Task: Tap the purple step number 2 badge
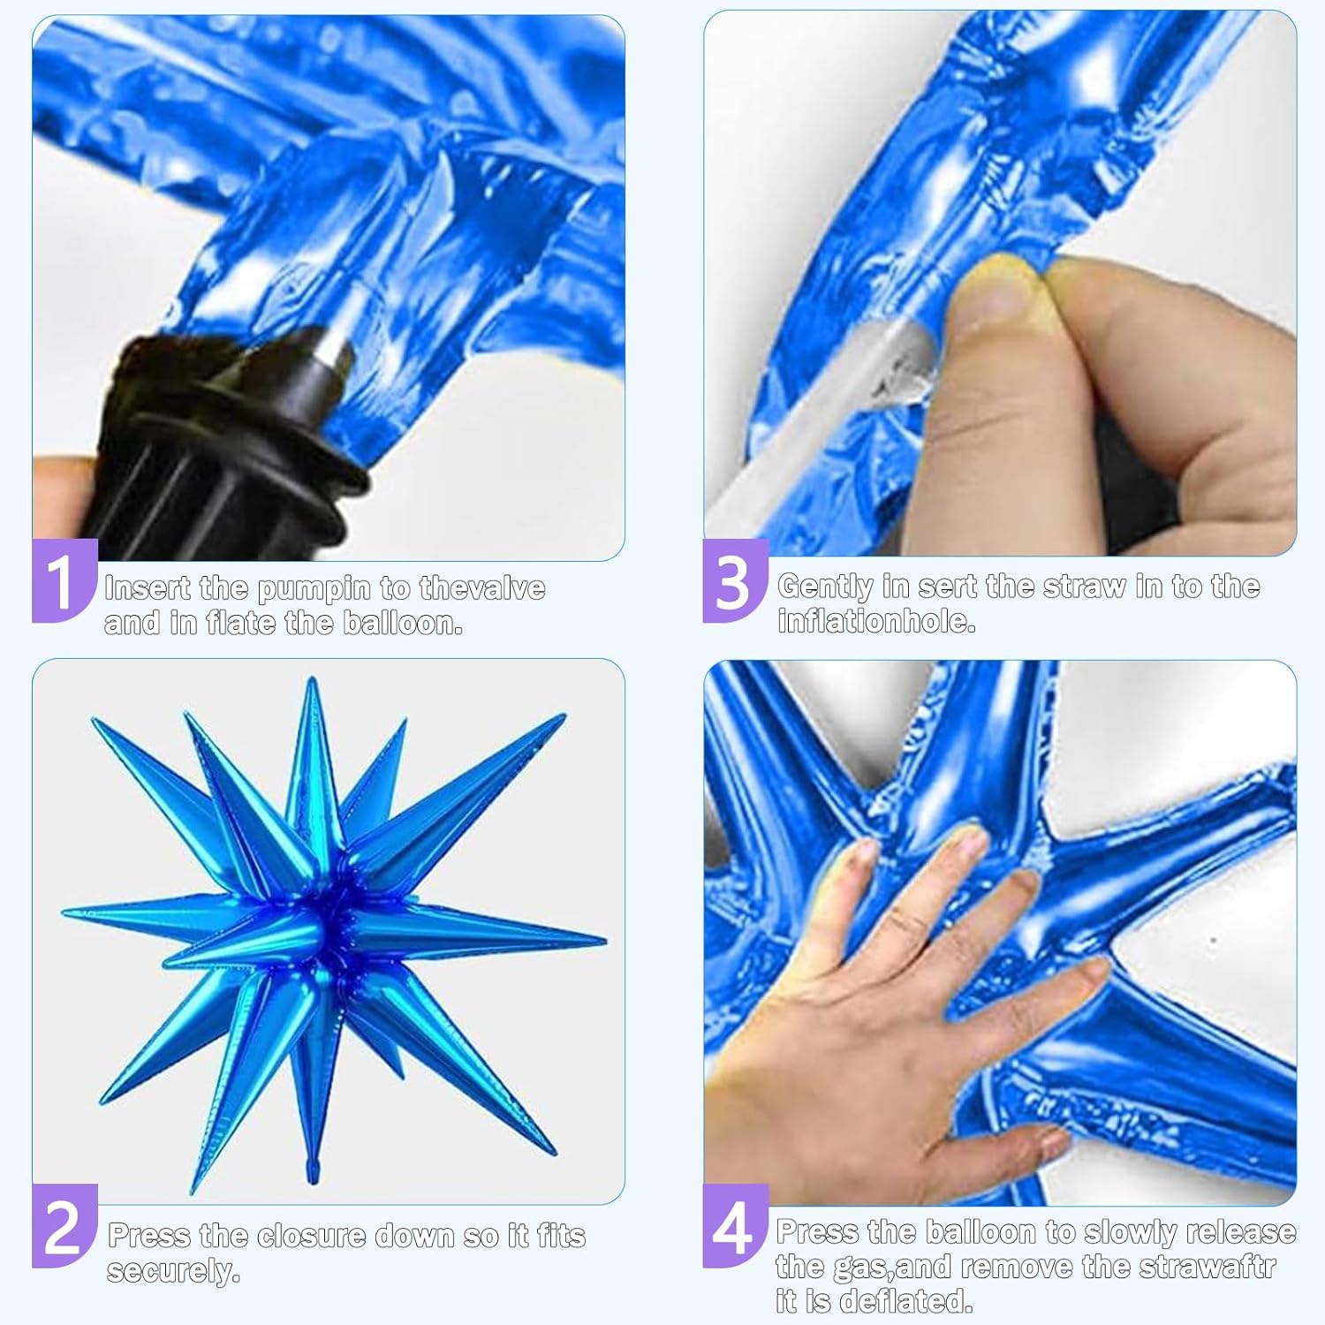pos(64,1226)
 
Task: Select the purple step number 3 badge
pos(735,581)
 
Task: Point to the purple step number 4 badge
pos(735,1226)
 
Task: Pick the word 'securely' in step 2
pos(173,1272)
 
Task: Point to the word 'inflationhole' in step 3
pos(876,622)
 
